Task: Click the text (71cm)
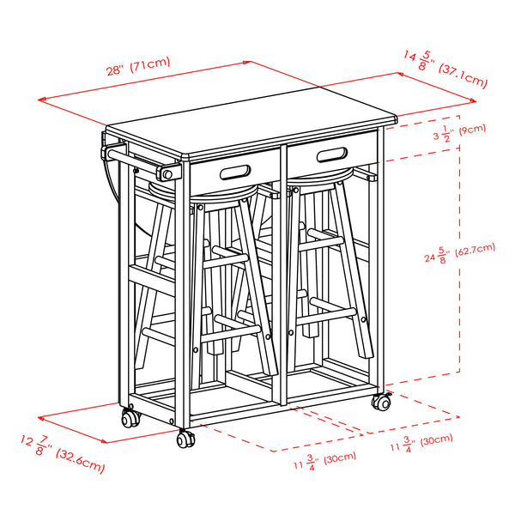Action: [151, 64]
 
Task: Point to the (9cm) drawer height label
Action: [471, 130]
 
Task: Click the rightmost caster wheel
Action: [381, 402]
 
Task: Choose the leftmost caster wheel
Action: [130, 419]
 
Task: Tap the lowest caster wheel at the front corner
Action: [185, 439]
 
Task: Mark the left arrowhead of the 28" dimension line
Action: [42, 100]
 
